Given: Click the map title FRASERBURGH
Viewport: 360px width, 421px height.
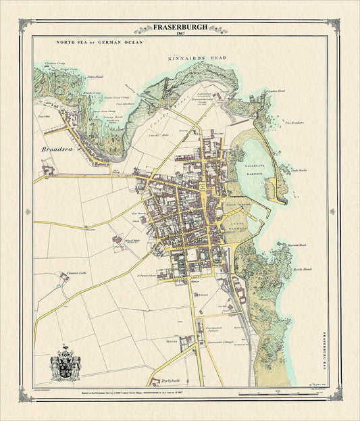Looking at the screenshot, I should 180,28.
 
